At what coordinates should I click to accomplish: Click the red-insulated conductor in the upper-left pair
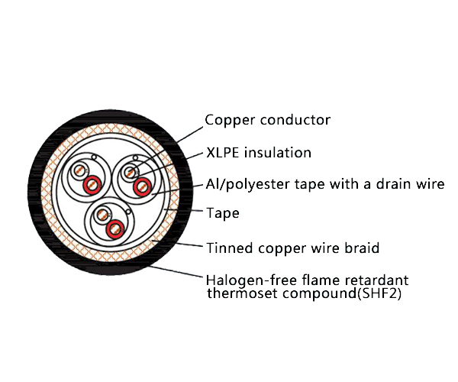[x=92, y=183]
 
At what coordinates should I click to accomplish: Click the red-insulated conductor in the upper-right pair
[x=141, y=187]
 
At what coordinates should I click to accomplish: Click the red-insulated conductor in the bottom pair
[x=115, y=227]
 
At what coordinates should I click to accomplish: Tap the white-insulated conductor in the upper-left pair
[x=79, y=172]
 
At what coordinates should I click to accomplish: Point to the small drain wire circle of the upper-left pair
[x=94, y=158]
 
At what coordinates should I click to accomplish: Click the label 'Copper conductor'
[x=267, y=120]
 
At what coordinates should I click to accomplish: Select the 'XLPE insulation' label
[x=259, y=153]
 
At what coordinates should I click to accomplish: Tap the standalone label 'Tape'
[x=223, y=213]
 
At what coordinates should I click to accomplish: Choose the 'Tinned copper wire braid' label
[x=293, y=248]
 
